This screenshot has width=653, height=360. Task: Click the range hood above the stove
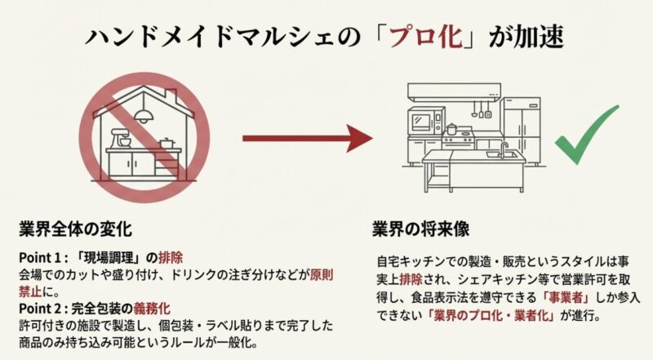click(453, 91)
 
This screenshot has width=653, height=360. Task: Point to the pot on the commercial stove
click(451, 129)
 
